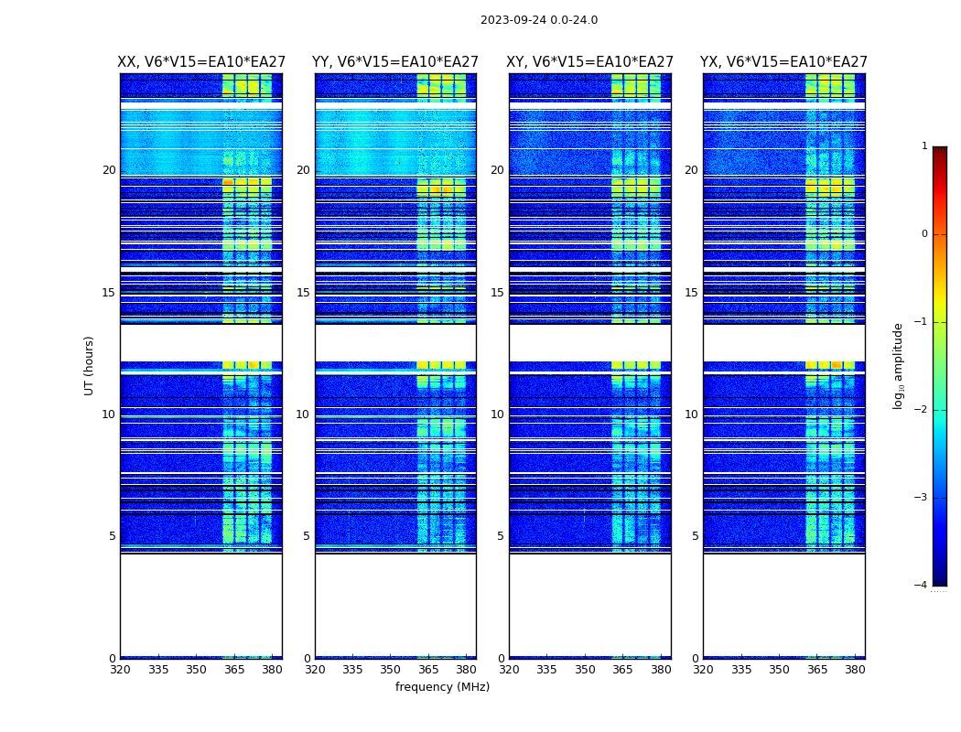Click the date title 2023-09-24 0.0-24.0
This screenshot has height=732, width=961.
pyautogui.click(x=539, y=20)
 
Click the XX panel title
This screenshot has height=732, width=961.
pyautogui.click(x=201, y=62)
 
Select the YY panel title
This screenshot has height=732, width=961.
pyautogui.click(x=395, y=62)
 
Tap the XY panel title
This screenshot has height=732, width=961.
pyautogui.click(x=590, y=62)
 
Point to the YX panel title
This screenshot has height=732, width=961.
pyautogui.click(x=783, y=62)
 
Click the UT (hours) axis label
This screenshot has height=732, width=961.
pyautogui.click(x=89, y=365)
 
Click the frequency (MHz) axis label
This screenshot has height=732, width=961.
pyautogui.click(x=442, y=687)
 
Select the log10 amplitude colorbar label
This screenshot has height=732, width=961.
pyautogui.click(x=899, y=365)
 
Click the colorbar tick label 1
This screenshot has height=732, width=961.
pyautogui.click(x=924, y=146)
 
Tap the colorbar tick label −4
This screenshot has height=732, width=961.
pyautogui.click(x=922, y=586)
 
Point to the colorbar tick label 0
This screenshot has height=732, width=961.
pyautogui.click(x=924, y=234)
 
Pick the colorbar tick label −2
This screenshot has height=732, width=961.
pyautogui.click(x=922, y=410)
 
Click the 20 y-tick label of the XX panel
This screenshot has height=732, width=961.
pyautogui.click(x=109, y=170)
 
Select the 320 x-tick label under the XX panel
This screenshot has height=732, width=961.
pyautogui.click(x=120, y=670)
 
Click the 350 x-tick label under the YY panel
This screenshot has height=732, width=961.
pyautogui.click(x=391, y=670)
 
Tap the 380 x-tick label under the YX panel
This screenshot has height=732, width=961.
pyautogui.click(x=855, y=670)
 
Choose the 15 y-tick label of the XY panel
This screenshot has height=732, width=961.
pyautogui.click(x=497, y=293)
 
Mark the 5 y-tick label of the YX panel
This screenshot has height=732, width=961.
pyautogui.click(x=695, y=536)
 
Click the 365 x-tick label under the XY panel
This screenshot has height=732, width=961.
pyautogui.click(x=622, y=670)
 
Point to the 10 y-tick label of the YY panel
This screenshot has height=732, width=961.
pyautogui.click(x=303, y=414)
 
